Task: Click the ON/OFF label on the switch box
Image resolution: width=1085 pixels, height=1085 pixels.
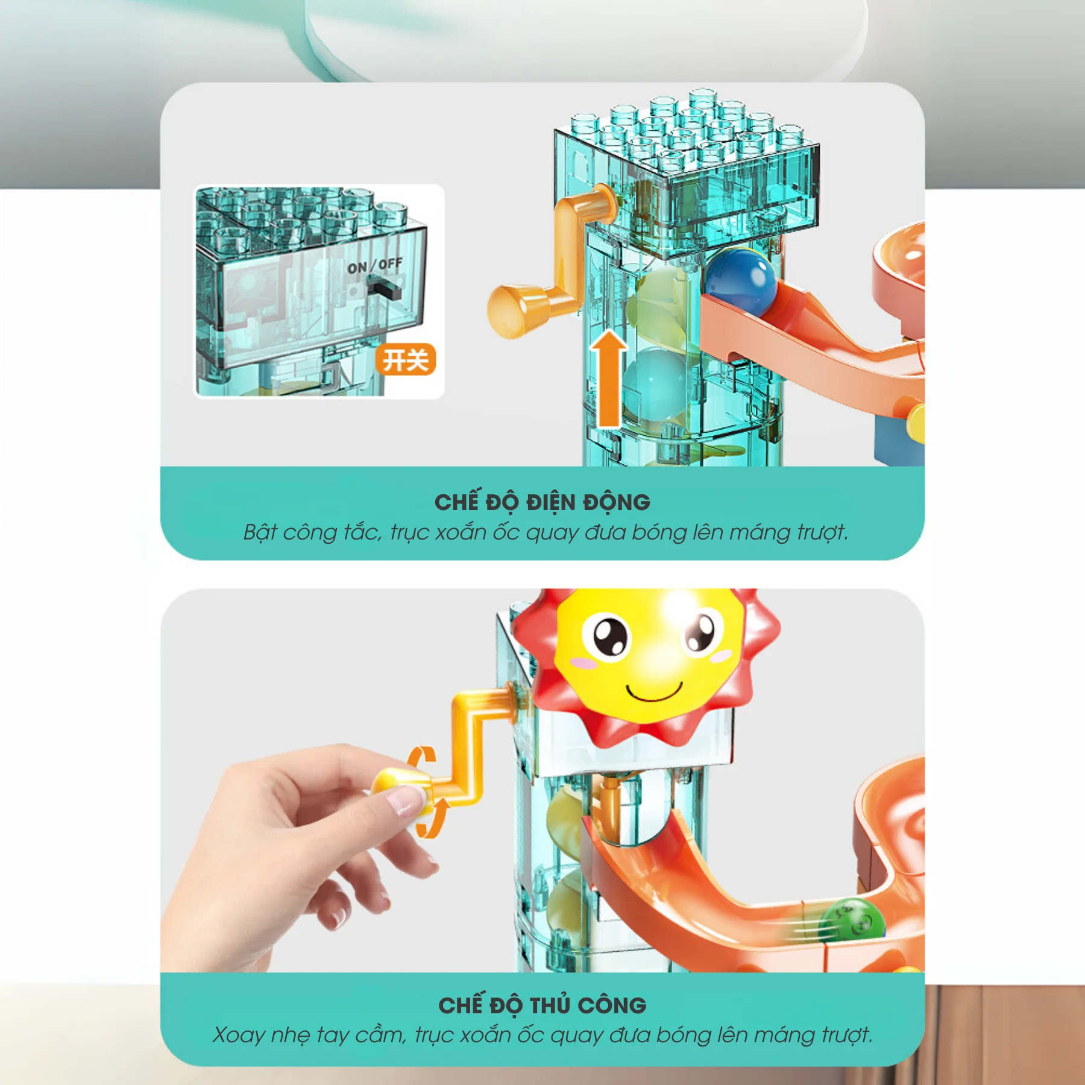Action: tap(374, 265)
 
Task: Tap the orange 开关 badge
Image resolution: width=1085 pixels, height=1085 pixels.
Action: tap(406, 360)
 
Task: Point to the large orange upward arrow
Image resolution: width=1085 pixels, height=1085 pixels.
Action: tap(609, 379)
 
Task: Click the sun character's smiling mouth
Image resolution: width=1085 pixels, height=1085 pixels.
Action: tap(655, 693)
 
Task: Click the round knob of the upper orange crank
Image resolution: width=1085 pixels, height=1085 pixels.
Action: tap(510, 311)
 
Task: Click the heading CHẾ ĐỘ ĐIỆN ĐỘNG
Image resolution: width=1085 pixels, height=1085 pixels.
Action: tap(542, 502)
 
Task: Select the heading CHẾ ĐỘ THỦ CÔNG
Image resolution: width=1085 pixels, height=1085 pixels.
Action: tap(542, 1005)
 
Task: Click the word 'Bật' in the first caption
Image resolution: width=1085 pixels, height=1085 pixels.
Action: tap(260, 532)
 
